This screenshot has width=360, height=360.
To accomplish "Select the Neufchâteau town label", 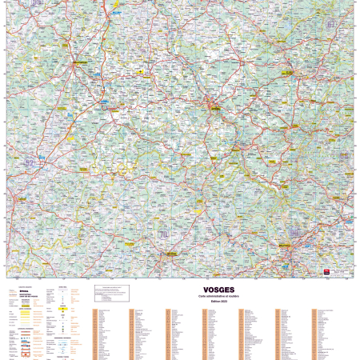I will (80, 61).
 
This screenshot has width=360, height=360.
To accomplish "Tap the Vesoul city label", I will (170, 255).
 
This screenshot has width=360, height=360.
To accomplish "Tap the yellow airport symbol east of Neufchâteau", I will (141, 71).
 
